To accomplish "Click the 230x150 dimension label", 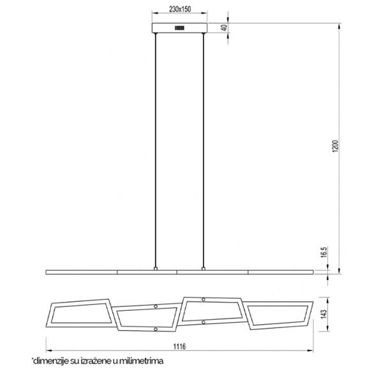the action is (180, 10).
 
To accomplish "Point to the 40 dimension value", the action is (225, 27).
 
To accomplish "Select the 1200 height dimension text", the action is (336, 146).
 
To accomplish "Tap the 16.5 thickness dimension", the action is (324, 252).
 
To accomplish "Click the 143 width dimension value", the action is (324, 314).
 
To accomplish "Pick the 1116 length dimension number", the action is (179, 347).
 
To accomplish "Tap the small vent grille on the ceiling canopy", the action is (179, 28).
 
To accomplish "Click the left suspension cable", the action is (155, 150).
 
